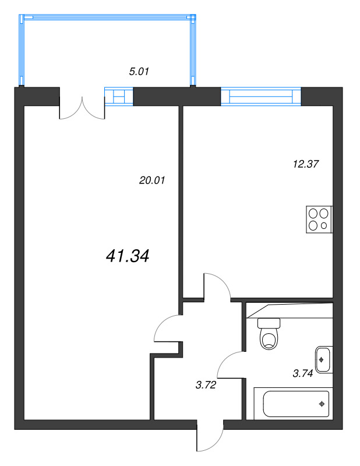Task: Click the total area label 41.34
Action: (x=128, y=255)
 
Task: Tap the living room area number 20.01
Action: (x=153, y=181)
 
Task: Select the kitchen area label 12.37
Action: (x=306, y=164)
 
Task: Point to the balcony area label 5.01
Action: (x=139, y=72)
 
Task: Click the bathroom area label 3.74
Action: (x=303, y=374)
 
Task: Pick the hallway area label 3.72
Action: (x=206, y=384)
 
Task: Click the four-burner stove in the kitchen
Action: (x=319, y=220)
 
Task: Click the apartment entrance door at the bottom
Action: (x=210, y=437)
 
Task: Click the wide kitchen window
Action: (x=261, y=96)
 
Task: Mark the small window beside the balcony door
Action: (x=119, y=96)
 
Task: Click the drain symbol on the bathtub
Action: (x=321, y=403)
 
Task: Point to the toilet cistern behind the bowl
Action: (x=269, y=322)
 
